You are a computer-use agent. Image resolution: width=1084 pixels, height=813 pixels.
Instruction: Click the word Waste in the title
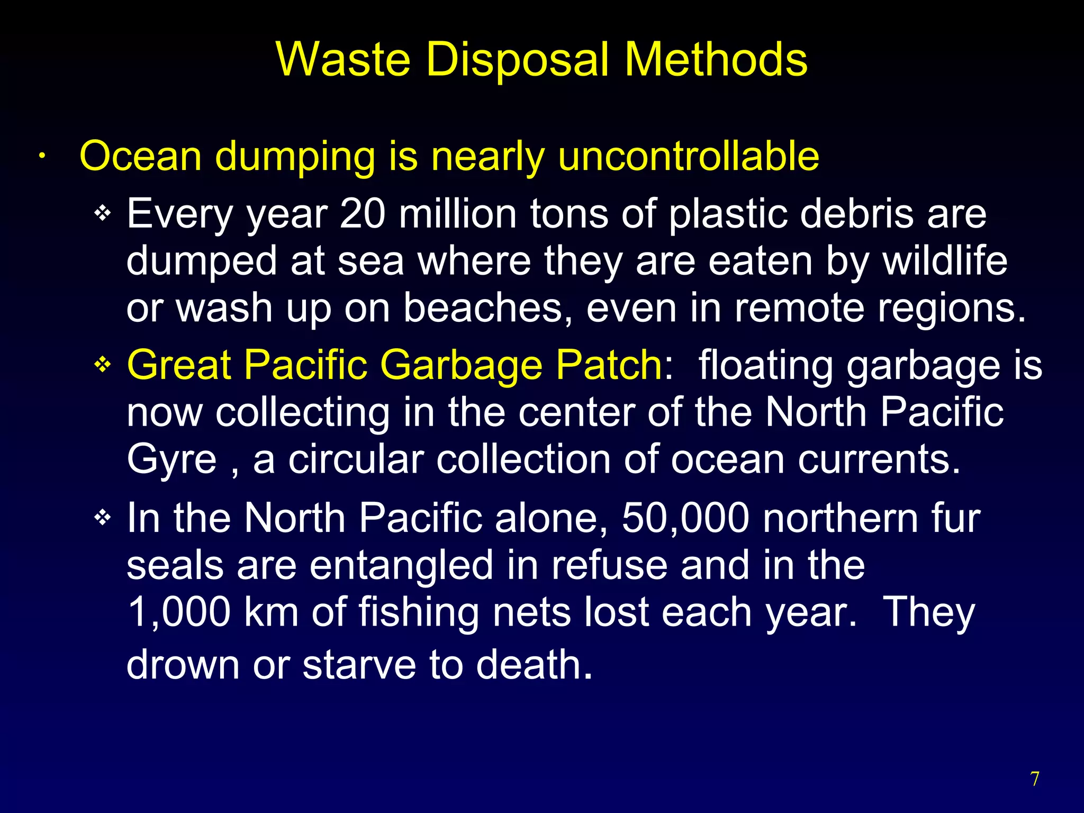tap(343, 59)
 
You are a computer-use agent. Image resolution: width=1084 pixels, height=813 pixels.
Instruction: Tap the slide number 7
tap(1035, 779)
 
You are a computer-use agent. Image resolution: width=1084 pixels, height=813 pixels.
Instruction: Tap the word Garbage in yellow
tap(462, 365)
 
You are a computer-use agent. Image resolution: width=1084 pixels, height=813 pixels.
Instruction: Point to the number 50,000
tap(685, 518)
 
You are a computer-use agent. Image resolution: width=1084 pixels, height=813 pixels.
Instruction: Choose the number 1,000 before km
tap(179, 612)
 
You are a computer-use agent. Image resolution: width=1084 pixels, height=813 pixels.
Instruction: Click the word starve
tap(359, 665)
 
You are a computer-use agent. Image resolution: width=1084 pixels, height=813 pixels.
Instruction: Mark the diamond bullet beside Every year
tap(102, 214)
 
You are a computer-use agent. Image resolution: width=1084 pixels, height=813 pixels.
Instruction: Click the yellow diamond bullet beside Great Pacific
tap(102, 365)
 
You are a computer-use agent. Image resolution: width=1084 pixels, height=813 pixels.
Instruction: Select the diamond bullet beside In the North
tap(102, 517)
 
